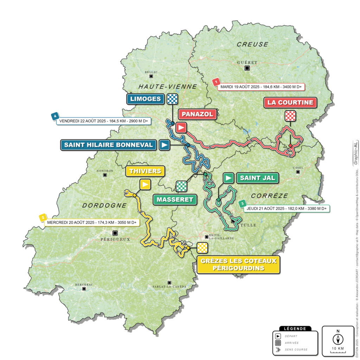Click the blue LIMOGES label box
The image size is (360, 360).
(x=145, y=99)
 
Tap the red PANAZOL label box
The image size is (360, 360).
(x=197, y=114)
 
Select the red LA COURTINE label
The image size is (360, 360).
(x=290, y=103)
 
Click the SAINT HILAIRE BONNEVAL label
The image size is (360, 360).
(x=109, y=145)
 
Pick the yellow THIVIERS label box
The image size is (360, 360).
(x=145, y=171)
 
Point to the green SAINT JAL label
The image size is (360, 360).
(x=258, y=178)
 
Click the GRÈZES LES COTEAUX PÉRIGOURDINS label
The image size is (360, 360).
(x=238, y=264)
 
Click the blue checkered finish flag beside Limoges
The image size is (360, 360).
(x=173, y=99)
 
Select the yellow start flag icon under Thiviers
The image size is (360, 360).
(x=145, y=184)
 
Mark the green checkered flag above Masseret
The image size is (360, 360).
(x=181, y=185)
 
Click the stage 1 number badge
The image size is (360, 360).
(x=217, y=82)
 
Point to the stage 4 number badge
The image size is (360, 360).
(x=54, y=116)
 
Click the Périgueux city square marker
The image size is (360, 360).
(x=115, y=233)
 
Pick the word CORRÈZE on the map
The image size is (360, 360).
(x=269, y=195)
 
